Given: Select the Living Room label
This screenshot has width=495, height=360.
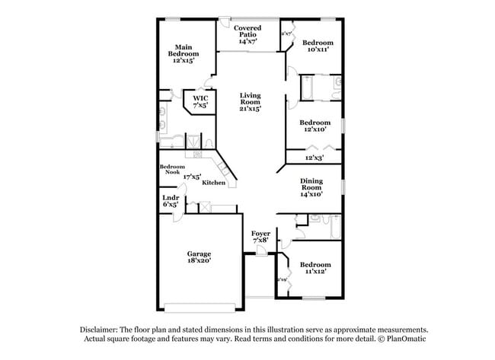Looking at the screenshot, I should (x=250, y=102).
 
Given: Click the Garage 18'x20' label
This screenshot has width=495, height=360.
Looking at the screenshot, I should (x=199, y=256).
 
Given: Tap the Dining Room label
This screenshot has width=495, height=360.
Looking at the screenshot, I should (x=311, y=185).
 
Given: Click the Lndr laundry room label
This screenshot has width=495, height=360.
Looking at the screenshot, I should (x=170, y=202).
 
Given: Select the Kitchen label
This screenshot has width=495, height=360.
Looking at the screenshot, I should (x=212, y=183).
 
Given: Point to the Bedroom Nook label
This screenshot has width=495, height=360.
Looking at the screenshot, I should (x=171, y=170).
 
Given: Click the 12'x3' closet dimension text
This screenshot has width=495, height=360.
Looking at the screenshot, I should (x=314, y=158).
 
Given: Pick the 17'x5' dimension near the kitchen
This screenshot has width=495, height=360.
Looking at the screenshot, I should (x=192, y=177).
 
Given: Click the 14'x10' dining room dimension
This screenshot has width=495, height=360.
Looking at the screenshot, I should (x=311, y=194).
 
